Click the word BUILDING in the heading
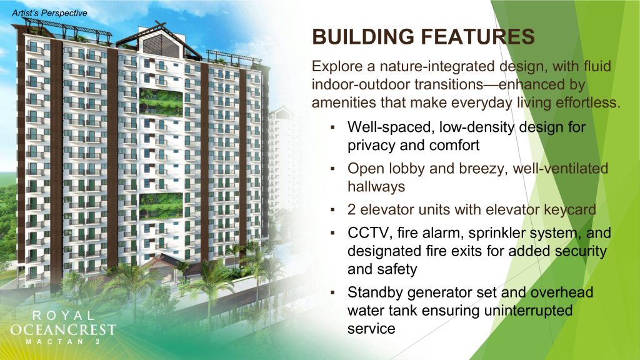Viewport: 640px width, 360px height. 363,37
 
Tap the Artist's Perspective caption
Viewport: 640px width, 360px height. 49,13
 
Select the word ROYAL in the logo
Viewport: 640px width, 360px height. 63,316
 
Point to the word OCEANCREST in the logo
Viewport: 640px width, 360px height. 63,329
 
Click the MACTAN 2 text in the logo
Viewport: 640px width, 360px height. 63,342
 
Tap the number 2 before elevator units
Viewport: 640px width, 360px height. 352,210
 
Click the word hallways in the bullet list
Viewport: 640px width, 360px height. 376,186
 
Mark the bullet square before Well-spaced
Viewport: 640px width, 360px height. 333,127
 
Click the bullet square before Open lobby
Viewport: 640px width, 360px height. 333,169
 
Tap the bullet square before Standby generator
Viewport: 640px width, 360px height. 333,292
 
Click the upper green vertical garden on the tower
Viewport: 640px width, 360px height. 161,102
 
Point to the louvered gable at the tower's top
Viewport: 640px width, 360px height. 161,46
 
